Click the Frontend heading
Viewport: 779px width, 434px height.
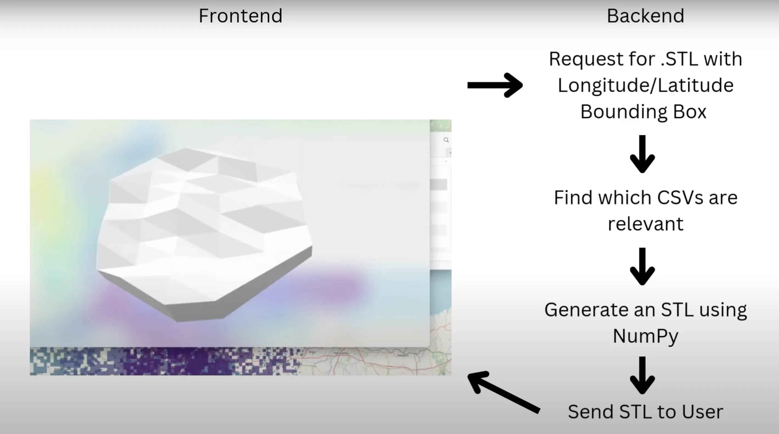pyautogui.click(x=240, y=16)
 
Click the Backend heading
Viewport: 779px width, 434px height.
pyautogui.click(x=645, y=16)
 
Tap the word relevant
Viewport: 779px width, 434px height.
pyautogui.click(x=645, y=224)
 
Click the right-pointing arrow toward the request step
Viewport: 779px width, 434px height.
pyautogui.click(x=495, y=85)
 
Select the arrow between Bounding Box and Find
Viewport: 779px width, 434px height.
pyautogui.click(x=642, y=154)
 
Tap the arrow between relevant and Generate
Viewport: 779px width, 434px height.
pyautogui.click(x=642, y=266)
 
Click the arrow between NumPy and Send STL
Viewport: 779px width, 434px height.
pyautogui.click(x=642, y=375)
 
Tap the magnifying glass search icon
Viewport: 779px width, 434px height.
pyautogui.click(x=446, y=140)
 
